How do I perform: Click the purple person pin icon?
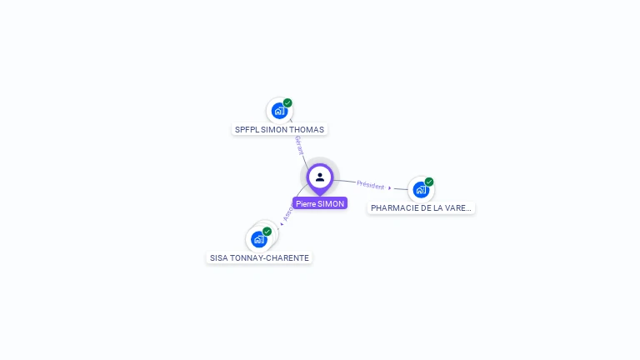click(320, 177)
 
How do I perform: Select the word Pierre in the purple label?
click(306, 203)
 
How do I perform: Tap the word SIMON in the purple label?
click(331, 203)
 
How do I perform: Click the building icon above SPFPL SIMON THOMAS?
click(279, 111)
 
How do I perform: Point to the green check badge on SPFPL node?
click(287, 103)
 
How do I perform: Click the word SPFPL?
click(247, 130)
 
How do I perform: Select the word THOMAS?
click(307, 130)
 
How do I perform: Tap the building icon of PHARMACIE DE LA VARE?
click(421, 189)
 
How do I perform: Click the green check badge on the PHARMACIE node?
click(429, 182)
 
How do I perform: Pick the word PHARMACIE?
click(396, 208)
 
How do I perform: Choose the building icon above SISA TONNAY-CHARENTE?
click(258, 239)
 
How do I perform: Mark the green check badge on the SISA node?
click(267, 232)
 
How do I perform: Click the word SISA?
click(218, 258)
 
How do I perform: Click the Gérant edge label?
click(298, 146)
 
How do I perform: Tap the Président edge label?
click(370, 185)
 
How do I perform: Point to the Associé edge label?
click(288, 211)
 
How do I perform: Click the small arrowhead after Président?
click(390, 188)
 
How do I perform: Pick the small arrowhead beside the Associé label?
click(282, 223)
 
